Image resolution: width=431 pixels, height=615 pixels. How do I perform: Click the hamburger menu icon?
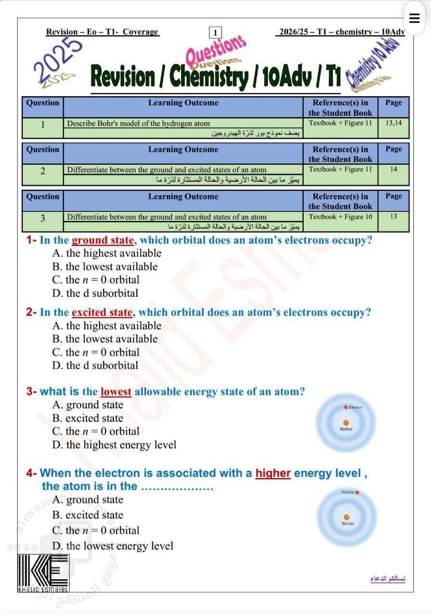[x=414, y=18]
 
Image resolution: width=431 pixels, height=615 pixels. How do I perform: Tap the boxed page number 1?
[x=215, y=33]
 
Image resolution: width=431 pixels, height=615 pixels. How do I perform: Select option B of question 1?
[x=105, y=267]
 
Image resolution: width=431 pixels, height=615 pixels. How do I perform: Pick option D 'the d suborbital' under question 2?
[x=95, y=366]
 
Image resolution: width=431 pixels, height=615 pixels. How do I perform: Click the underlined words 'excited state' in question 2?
[x=102, y=313]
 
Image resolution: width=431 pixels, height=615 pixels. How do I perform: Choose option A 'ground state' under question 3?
[x=88, y=405]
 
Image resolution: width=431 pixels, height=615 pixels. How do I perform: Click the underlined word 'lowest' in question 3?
[x=116, y=392]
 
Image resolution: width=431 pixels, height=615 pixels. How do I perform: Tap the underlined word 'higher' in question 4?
[x=273, y=473]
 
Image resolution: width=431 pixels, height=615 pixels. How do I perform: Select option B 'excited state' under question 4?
[x=88, y=515]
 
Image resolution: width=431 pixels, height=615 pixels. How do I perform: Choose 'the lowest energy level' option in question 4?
[x=113, y=546]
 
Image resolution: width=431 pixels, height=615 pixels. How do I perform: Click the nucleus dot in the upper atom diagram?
[x=346, y=423]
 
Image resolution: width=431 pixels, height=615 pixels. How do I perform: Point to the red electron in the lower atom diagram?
[x=357, y=492]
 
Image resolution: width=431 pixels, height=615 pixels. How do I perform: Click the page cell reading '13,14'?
[x=394, y=123]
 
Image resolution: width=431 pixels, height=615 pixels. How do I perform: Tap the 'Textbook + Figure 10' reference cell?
[x=340, y=217]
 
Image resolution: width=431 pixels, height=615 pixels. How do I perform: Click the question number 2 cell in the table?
[x=43, y=171]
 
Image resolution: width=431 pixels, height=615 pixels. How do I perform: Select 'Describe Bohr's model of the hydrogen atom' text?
[x=138, y=123]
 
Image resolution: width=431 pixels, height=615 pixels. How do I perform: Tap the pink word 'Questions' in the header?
[x=215, y=51]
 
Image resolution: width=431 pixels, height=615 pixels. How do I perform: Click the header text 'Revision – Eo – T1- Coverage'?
[x=102, y=32]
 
